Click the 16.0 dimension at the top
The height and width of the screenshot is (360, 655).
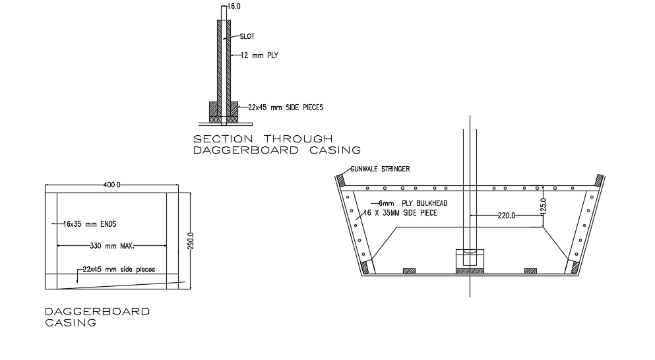tap(234, 6)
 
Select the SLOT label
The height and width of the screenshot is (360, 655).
tap(247, 36)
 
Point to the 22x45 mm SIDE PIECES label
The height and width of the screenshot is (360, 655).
tap(286, 107)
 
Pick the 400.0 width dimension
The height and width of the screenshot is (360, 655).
tap(111, 185)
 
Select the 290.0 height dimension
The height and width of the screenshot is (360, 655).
tap(191, 240)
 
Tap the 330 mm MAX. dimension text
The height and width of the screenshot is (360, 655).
tap(111, 246)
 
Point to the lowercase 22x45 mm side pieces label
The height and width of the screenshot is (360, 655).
tap(119, 270)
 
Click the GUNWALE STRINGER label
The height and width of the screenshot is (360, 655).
tap(379, 169)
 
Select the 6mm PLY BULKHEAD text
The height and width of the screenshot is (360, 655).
tap(408, 204)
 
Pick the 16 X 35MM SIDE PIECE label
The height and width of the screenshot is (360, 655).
tap(400, 213)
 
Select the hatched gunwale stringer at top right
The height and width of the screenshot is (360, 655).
tap(599, 179)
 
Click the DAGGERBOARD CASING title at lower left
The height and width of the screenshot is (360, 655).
tap(96, 316)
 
